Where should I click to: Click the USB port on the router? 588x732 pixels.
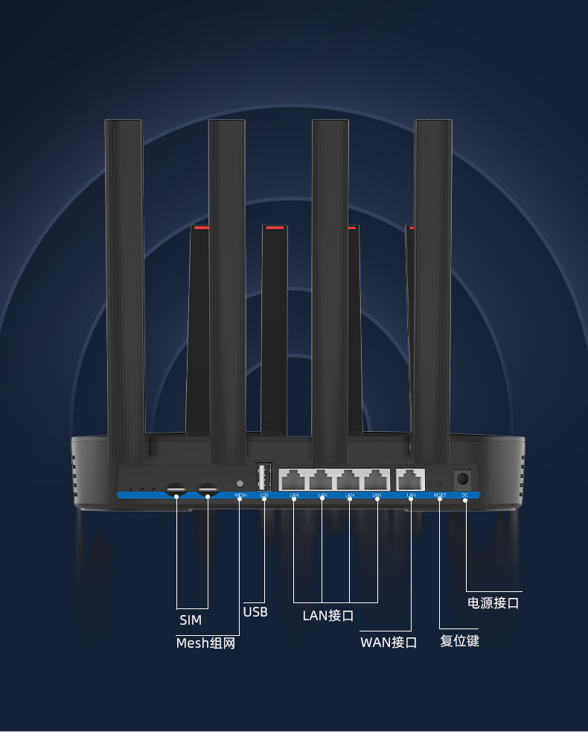pyautogui.click(x=263, y=476)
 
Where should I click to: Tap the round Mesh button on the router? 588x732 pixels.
pyautogui.click(x=240, y=483)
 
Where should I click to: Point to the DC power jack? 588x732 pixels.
pyautogui.click(x=462, y=478)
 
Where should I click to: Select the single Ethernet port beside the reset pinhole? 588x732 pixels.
pyautogui.click(x=411, y=478)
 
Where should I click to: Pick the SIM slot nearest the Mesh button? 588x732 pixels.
pyautogui.click(x=208, y=489)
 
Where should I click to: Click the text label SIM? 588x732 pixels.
pyautogui.click(x=191, y=620)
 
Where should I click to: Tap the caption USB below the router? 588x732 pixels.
pyautogui.click(x=255, y=612)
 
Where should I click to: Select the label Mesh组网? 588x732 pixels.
pyautogui.click(x=205, y=643)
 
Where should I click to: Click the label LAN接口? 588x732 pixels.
pyautogui.click(x=327, y=615)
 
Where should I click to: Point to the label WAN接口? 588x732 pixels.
pyautogui.click(x=389, y=642)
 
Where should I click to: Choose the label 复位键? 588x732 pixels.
pyautogui.click(x=459, y=640)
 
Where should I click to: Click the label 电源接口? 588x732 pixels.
pyautogui.click(x=493, y=602)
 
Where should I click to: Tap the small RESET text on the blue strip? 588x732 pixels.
pyautogui.click(x=440, y=495)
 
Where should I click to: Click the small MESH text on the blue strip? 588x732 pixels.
pyautogui.click(x=240, y=495)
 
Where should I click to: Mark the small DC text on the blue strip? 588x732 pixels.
pyautogui.click(x=465, y=495)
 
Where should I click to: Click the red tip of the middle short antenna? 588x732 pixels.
pyautogui.click(x=275, y=227)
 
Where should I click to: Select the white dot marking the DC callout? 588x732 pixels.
pyautogui.click(x=465, y=500)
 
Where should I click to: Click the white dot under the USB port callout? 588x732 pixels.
pyautogui.click(x=264, y=500)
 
